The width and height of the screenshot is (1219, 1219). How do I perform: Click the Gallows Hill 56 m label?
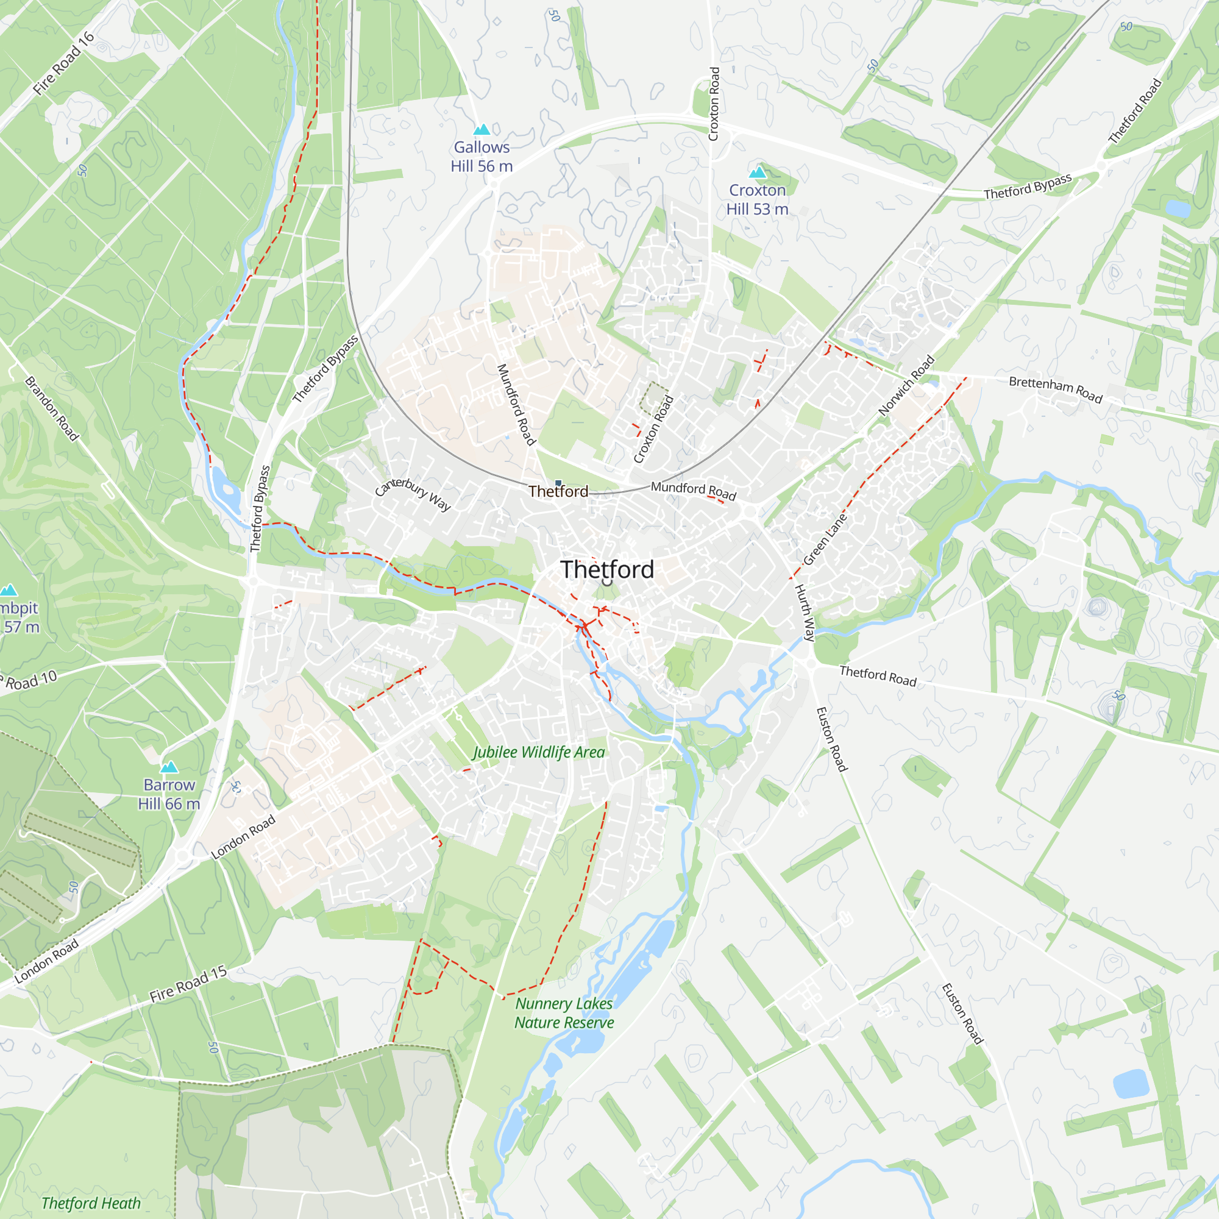(482, 157)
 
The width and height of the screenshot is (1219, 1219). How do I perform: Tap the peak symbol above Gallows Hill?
(482, 130)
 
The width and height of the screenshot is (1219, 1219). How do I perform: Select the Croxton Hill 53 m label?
(757, 199)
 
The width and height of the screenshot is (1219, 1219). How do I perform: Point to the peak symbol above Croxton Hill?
(757, 172)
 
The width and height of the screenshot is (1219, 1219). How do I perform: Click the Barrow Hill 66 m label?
(169, 794)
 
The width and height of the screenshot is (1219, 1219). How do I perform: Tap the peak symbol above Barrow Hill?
(169, 767)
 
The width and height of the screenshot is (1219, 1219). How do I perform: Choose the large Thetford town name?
(607, 570)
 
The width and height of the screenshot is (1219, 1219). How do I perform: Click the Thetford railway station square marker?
(558, 484)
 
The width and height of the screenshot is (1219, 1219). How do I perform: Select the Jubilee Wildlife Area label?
(539, 752)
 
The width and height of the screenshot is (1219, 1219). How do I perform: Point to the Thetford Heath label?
(91, 1203)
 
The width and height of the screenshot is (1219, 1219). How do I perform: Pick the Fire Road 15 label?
(188, 984)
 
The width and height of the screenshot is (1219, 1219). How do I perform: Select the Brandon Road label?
(52, 409)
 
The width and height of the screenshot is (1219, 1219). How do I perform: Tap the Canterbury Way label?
(413, 494)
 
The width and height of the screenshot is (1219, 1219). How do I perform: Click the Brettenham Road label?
(1055, 389)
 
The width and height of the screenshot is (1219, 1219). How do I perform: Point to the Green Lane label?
(825, 539)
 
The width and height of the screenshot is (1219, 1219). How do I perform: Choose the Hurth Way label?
(805, 613)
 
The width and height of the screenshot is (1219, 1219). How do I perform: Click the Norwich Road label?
(906, 386)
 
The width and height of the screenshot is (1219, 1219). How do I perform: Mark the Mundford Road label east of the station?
(694, 489)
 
